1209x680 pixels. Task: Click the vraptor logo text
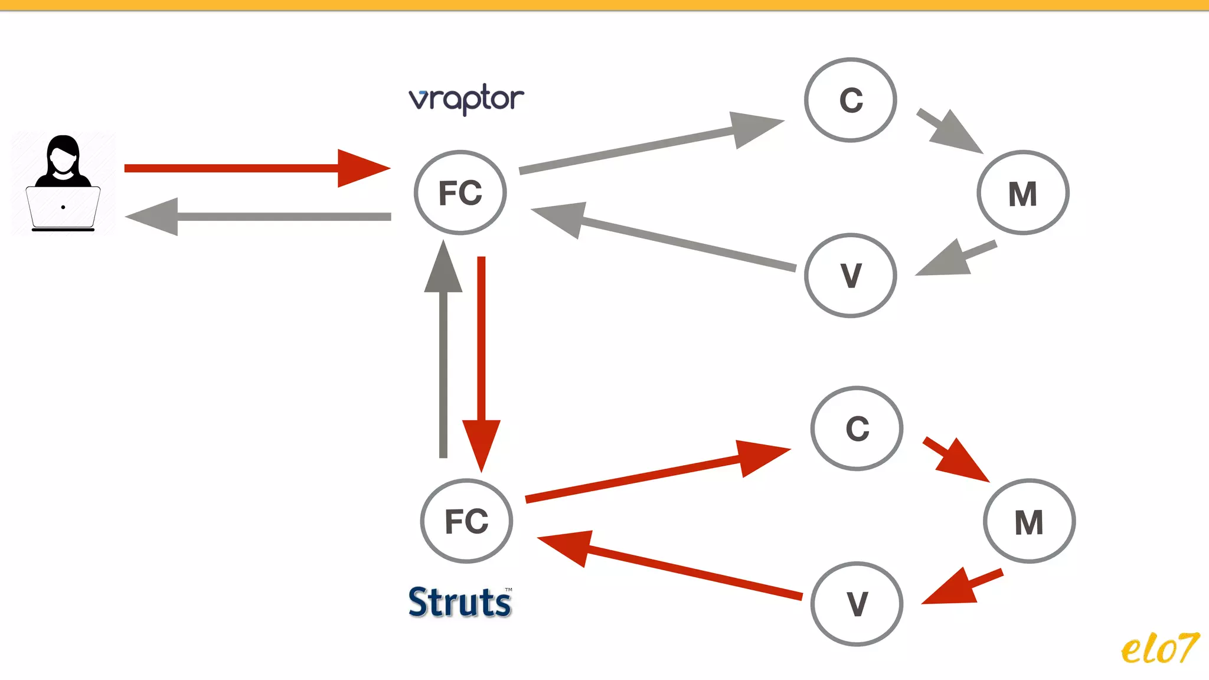coord(466,99)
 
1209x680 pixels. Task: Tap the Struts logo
coord(460,603)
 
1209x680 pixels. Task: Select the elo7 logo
coord(1159,649)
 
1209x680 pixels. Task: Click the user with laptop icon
coord(63,183)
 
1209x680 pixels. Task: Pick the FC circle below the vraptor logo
coord(460,193)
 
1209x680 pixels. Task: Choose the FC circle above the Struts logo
coord(466,521)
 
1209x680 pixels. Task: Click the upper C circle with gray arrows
coord(851,100)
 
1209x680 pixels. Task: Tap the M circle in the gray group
coord(1022,193)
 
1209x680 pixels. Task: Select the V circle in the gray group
coord(851,276)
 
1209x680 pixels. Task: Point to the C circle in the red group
coord(857,429)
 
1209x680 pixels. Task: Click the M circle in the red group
coord(1029,521)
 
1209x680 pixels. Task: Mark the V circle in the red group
coord(857,604)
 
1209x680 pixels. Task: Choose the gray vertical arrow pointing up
coord(443,354)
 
